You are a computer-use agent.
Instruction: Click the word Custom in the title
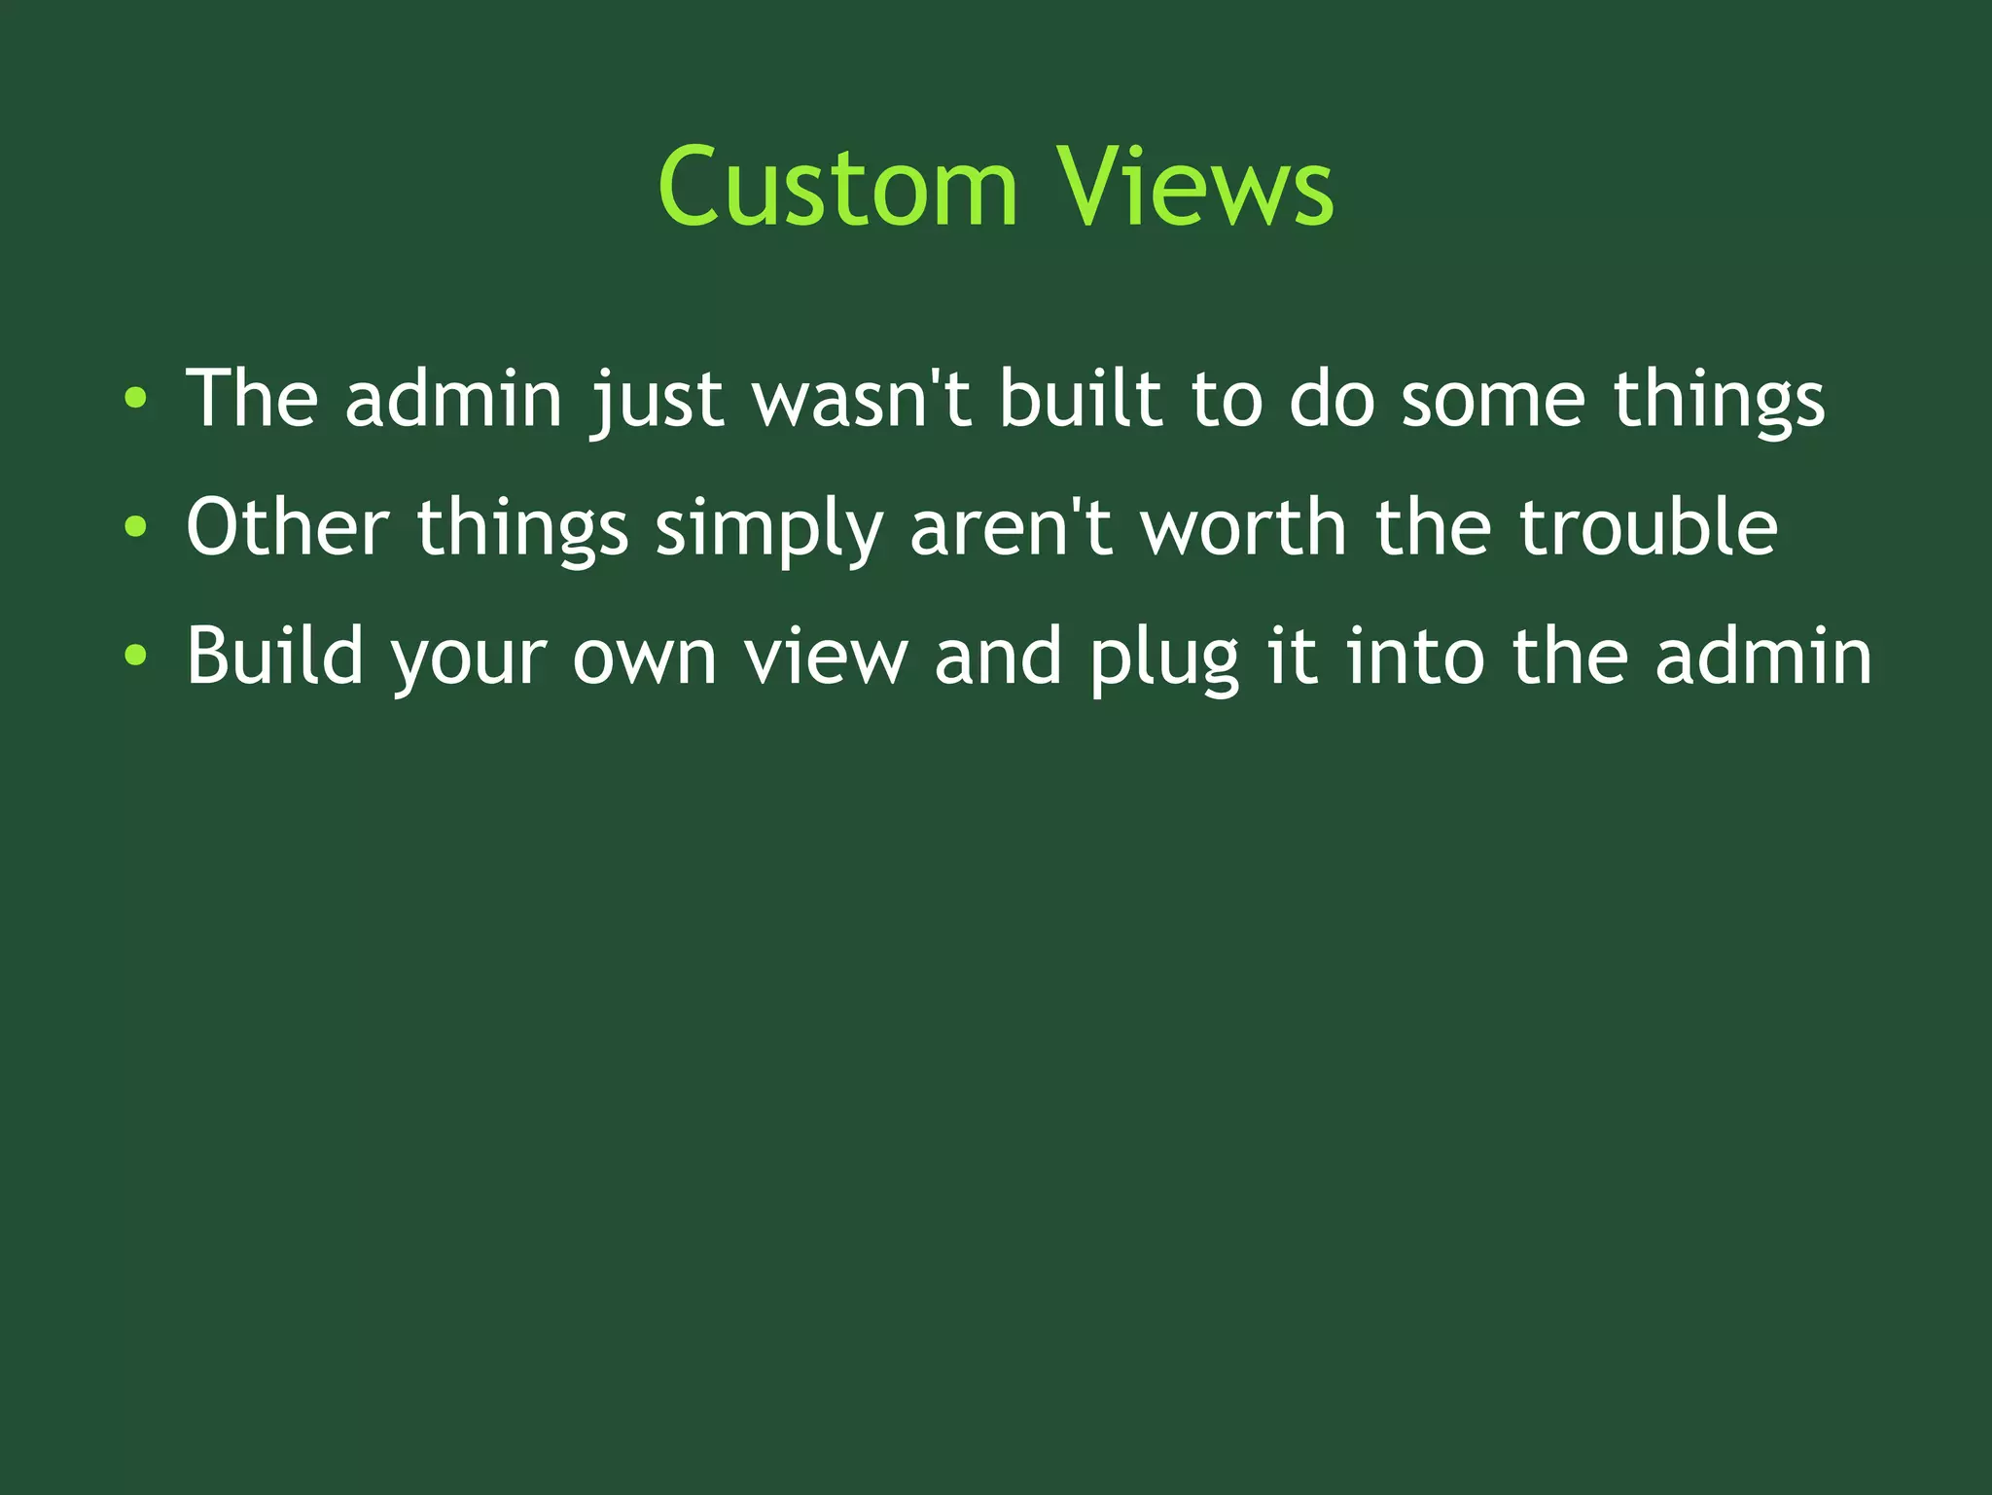837,187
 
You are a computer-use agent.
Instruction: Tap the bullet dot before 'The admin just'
136,398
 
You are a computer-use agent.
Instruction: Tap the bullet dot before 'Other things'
136,527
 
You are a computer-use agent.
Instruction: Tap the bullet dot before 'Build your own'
136,657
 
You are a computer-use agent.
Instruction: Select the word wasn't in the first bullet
862,398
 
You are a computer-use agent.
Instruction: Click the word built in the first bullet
1081,398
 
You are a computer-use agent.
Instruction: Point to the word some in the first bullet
1493,398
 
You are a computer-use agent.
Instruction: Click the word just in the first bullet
658,398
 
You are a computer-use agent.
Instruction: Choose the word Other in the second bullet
288,527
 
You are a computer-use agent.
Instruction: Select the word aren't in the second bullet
1012,527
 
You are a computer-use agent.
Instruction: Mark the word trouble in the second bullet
1649,527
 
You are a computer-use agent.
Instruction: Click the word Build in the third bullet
275,657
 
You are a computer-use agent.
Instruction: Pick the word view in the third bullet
826,657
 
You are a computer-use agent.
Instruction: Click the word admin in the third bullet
1763,657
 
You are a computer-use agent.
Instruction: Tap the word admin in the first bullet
454,398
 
